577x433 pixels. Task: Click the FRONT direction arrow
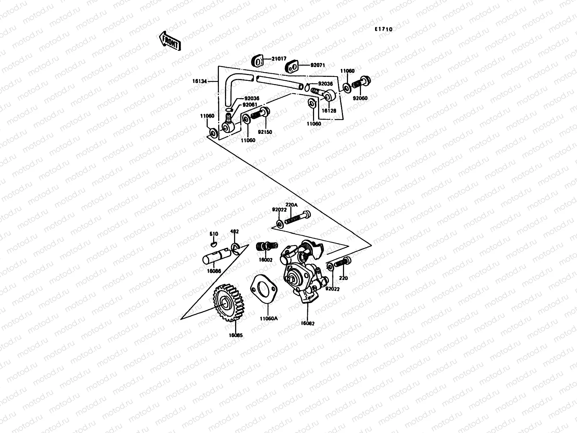[x=169, y=40]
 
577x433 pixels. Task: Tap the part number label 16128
[x=328, y=111]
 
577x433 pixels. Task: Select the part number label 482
[x=234, y=232]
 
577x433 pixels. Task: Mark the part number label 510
[x=214, y=234]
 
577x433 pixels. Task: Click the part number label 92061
[x=250, y=105]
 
